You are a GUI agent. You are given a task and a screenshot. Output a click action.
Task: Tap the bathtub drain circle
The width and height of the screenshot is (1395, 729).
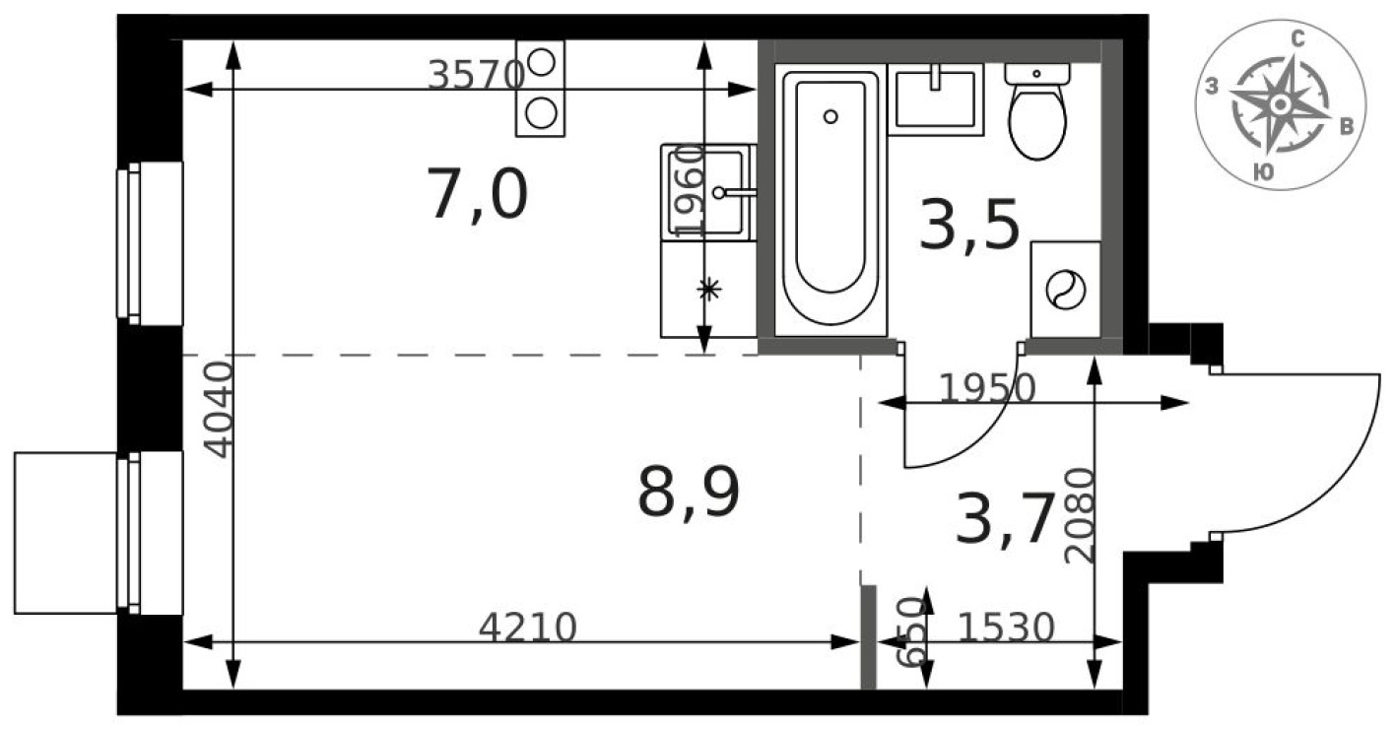point(830,116)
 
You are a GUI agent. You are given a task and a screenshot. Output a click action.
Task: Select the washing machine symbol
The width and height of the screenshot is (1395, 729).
point(1065,291)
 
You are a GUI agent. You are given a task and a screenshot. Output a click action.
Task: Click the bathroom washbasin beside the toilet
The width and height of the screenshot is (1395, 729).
point(935,99)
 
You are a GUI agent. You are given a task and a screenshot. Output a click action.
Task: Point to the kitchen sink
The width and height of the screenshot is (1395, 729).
point(709,191)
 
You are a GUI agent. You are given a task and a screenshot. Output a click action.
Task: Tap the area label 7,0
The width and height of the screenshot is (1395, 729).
point(478,194)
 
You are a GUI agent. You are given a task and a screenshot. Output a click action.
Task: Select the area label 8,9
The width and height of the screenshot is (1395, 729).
point(689,493)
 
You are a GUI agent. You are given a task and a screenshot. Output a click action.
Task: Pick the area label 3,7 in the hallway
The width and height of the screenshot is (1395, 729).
point(1005,520)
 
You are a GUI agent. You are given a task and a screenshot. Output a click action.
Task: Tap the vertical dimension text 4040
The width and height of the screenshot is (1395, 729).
point(218,410)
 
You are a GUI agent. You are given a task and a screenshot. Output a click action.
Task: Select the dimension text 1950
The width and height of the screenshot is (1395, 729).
point(986,390)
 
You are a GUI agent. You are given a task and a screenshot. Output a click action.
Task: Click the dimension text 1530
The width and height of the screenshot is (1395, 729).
point(1006,627)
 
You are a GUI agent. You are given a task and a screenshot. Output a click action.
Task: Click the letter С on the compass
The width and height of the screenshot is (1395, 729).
point(1298,39)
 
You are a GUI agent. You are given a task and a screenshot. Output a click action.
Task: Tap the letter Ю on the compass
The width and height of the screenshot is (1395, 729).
point(1260,172)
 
